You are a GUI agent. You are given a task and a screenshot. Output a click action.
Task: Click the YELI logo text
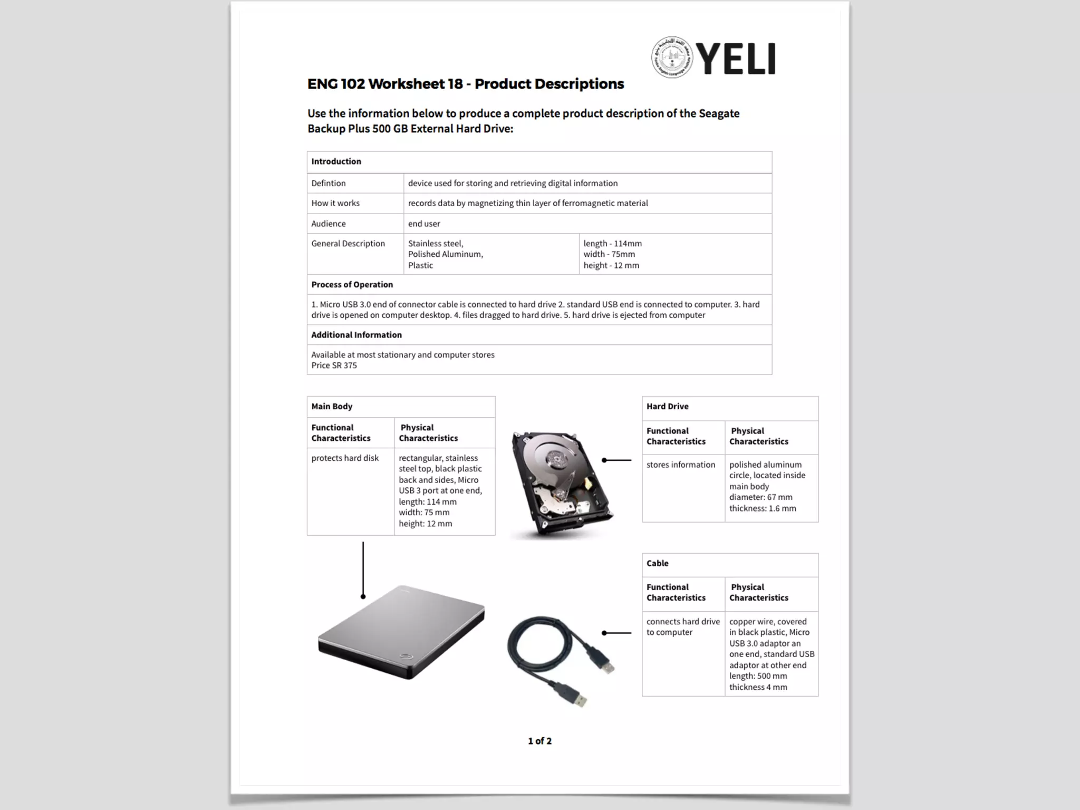(x=737, y=59)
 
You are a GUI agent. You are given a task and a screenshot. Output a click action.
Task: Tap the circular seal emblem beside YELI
(x=672, y=57)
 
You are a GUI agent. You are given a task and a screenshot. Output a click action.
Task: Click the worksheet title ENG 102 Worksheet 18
(x=465, y=84)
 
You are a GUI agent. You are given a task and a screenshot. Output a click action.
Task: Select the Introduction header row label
(x=336, y=161)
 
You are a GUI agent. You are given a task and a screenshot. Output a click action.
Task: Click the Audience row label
(x=329, y=224)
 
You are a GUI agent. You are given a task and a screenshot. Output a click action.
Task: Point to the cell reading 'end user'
(x=424, y=224)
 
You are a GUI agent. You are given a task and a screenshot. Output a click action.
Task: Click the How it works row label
(x=335, y=203)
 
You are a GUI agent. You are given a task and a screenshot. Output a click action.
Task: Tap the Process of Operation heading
(x=352, y=285)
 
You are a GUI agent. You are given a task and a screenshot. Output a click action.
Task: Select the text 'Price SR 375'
(x=334, y=365)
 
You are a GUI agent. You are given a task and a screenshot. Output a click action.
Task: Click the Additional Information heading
(x=356, y=335)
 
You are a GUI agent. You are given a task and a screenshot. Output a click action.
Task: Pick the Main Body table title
(x=332, y=407)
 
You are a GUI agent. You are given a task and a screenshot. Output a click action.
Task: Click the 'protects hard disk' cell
(x=345, y=458)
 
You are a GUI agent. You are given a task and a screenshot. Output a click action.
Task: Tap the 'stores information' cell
(x=681, y=465)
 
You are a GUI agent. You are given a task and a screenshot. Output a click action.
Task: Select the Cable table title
(x=657, y=563)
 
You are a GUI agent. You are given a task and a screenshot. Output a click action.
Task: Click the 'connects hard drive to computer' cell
(x=683, y=627)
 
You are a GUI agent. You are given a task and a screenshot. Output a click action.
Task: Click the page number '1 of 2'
(x=539, y=741)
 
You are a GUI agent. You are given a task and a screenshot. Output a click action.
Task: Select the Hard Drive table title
(x=667, y=407)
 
